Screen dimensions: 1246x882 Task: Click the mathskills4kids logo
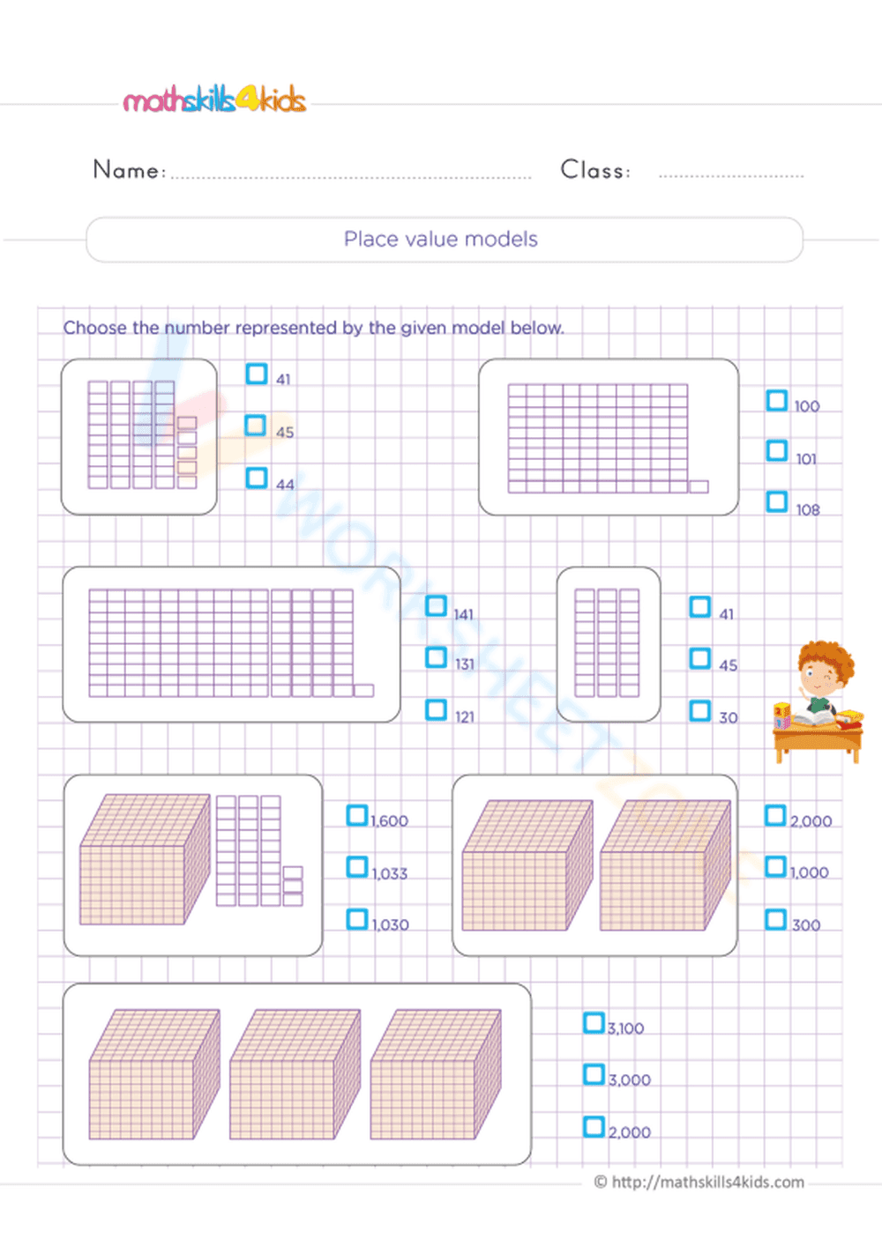point(214,100)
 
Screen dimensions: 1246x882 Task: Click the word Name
point(126,169)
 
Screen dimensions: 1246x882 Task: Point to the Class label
point(594,169)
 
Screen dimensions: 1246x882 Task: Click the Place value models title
point(441,239)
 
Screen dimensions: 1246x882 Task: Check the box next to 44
point(257,478)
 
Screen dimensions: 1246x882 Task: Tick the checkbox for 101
point(777,451)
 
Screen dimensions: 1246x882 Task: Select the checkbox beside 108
point(777,501)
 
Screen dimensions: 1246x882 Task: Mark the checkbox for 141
point(437,606)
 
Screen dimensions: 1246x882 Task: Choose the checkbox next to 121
point(437,709)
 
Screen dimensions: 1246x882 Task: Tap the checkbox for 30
point(700,710)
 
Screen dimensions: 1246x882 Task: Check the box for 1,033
point(357,867)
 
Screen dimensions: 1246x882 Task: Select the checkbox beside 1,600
point(357,815)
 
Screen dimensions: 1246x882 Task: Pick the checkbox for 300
point(775,919)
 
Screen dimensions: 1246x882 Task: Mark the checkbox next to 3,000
point(594,1074)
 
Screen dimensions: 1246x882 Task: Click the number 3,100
point(626,1028)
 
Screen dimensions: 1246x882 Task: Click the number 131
point(465,664)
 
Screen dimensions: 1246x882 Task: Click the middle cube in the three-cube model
point(295,1074)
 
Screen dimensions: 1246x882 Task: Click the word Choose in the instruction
point(94,328)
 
